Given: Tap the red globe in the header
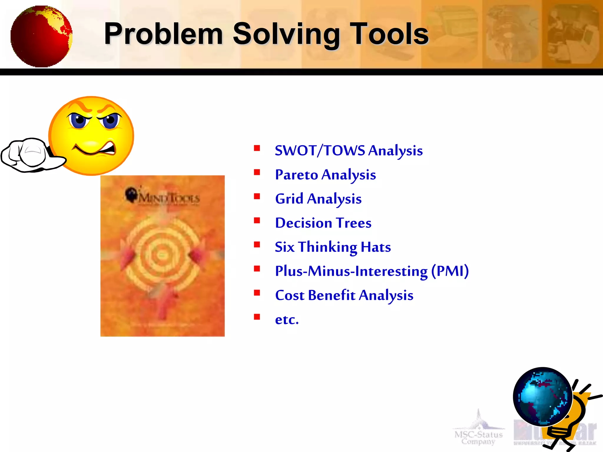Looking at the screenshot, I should (41, 36).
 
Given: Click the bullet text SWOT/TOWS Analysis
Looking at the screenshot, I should (349, 151).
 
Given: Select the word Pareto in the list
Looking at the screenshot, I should (296, 175).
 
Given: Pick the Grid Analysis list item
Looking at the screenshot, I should (318, 199).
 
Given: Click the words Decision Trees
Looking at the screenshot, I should (323, 223).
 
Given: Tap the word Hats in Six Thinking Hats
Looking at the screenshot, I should (376, 247).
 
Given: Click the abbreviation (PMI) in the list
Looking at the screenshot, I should (450, 271).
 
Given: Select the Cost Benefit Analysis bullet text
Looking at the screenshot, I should (344, 295).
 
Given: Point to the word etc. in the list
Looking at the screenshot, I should (287, 320).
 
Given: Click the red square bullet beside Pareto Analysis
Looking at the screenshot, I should (257, 172).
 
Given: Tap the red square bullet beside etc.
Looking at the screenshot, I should (257, 317).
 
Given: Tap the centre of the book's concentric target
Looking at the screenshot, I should (162, 255).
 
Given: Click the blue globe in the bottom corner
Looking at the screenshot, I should (542, 396).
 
